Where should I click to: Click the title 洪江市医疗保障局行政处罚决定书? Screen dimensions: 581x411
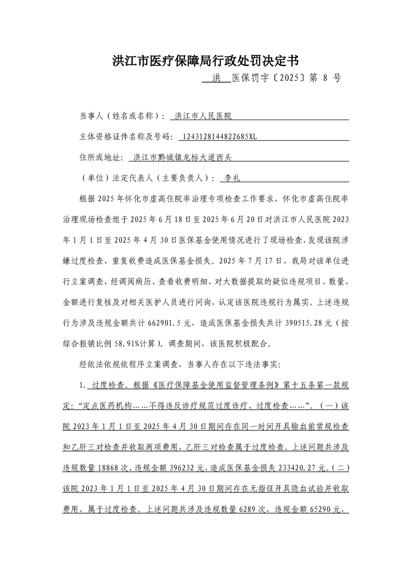tap(205, 61)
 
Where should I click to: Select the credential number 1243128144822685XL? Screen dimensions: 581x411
tap(217, 137)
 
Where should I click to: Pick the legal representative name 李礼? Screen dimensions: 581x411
tap(228, 178)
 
